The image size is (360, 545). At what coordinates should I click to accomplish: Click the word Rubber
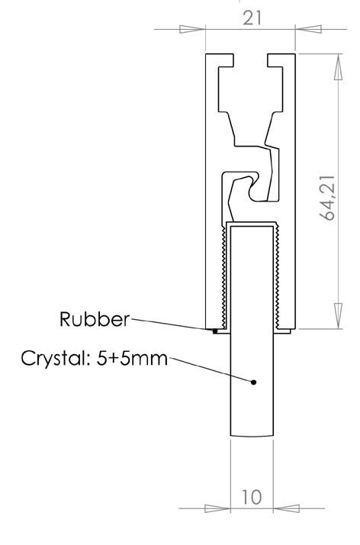95,319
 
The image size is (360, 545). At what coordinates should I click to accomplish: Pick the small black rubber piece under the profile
216,331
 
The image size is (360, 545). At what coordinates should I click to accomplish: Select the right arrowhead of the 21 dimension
308,30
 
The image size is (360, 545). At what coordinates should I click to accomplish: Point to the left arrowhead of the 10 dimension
218,507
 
